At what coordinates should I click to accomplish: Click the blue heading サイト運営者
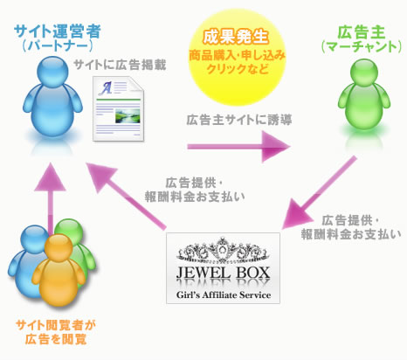[x=58, y=31]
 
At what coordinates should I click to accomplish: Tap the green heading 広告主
[x=361, y=32]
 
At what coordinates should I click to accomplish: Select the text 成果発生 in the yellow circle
[x=236, y=37]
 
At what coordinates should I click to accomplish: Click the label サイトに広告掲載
[x=120, y=65]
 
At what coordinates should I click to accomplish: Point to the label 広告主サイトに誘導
[x=239, y=120]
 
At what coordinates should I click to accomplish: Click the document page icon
[x=119, y=109]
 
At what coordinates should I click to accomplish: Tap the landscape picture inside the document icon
[x=128, y=116]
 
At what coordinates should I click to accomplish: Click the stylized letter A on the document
[x=106, y=88]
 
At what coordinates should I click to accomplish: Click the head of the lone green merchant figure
[x=364, y=73]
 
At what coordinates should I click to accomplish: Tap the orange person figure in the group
[x=59, y=269]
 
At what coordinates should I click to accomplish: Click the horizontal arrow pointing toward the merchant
[x=238, y=147]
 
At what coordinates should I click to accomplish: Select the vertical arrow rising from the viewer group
[x=51, y=198]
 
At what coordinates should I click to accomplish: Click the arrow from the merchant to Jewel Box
[x=319, y=193]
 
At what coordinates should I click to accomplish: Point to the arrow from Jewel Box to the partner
[x=126, y=196]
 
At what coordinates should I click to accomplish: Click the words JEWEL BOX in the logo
[x=223, y=273]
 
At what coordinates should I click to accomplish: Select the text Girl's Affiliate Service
[x=224, y=294]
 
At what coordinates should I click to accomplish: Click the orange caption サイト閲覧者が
[x=56, y=325]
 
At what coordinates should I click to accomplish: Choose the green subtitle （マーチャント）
[x=362, y=47]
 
